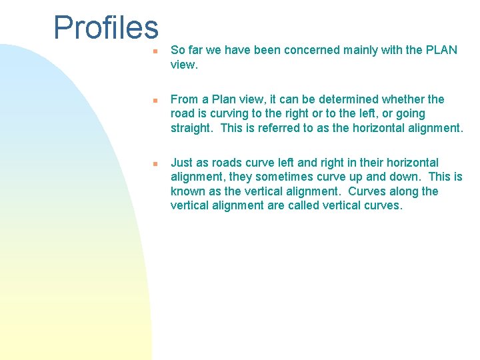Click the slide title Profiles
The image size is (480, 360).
point(106,28)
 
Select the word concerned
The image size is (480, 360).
point(311,50)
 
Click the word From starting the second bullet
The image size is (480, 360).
point(185,99)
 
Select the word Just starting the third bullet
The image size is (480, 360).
point(182,163)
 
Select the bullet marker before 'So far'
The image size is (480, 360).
point(154,51)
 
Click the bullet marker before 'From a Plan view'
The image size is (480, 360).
point(154,100)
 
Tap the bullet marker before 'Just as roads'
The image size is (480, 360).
point(154,163)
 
